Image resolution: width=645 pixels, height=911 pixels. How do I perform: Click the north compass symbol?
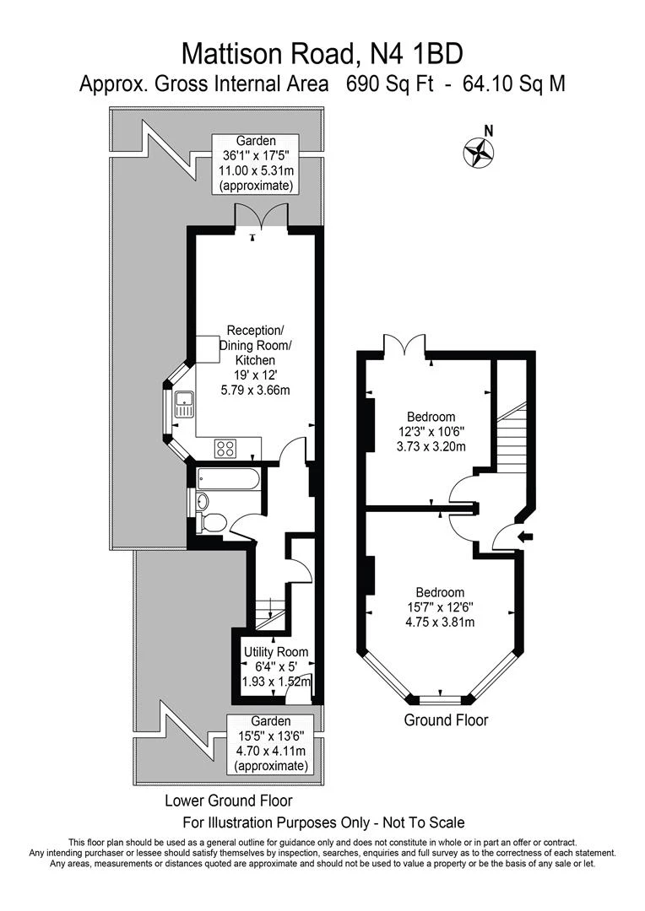[x=478, y=153]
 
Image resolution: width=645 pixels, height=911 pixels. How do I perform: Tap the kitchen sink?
[x=184, y=404]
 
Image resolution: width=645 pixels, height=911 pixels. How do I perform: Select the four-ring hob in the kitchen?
[x=225, y=448]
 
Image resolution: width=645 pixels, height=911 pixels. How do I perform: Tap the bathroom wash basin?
[x=203, y=501]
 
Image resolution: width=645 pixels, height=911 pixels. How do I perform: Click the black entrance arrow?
[x=526, y=536]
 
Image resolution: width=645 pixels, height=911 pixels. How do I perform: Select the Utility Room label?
[x=276, y=652]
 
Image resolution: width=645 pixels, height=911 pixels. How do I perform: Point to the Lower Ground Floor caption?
[x=229, y=800]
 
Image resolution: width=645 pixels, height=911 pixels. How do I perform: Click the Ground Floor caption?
[x=446, y=720]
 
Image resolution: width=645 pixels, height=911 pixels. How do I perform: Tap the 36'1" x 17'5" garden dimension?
[x=255, y=156]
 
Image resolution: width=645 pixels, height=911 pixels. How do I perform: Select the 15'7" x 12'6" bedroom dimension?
[x=440, y=607]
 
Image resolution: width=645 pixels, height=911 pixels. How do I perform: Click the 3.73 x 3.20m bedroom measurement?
[x=431, y=447]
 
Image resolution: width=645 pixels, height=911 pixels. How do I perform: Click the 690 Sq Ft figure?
[x=390, y=84]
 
